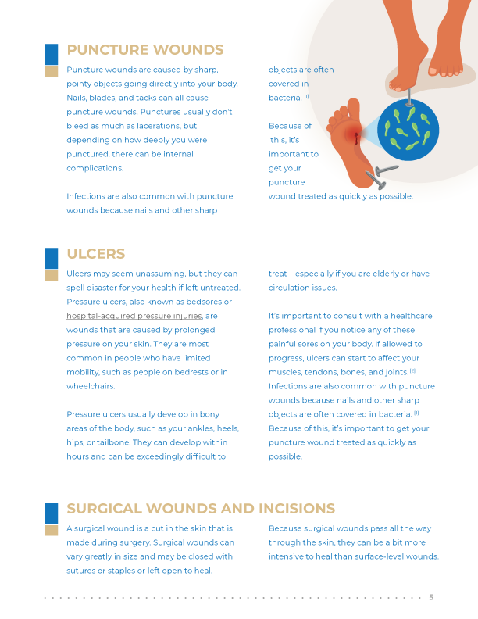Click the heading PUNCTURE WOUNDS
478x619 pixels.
[145, 51]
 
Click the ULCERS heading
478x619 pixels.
[96, 255]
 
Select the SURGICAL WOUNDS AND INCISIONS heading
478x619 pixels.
[201, 509]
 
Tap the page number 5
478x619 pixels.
[431, 598]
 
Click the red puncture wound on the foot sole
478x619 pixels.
[356, 138]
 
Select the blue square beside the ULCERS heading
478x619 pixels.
[52, 257]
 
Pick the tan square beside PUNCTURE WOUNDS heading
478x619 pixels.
[52, 72]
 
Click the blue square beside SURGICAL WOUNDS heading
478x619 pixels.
[52, 512]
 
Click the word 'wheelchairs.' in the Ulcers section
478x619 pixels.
[91, 386]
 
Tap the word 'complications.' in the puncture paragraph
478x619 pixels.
[95, 168]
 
